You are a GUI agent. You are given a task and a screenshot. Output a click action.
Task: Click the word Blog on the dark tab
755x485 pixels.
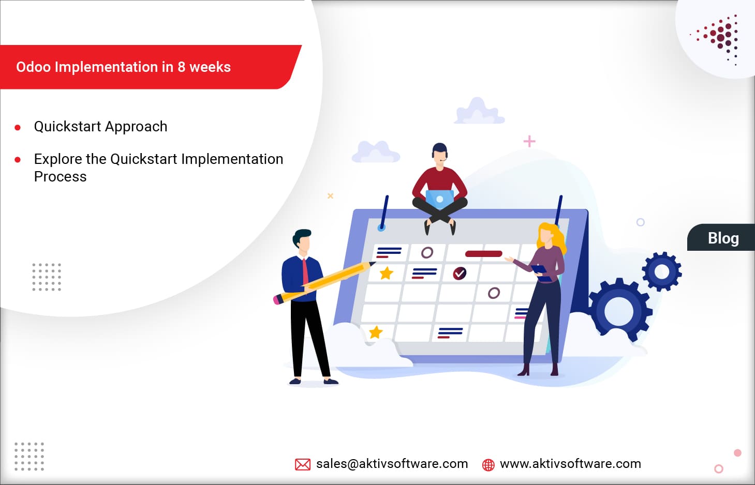pyautogui.click(x=723, y=238)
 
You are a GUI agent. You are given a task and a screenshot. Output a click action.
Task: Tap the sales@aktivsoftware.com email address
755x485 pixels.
pyautogui.click(x=392, y=464)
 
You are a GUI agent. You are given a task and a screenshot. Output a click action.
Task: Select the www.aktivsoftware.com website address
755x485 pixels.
pyautogui.click(x=570, y=464)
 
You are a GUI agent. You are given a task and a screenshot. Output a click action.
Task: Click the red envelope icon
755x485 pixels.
pyautogui.click(x=303, y=464)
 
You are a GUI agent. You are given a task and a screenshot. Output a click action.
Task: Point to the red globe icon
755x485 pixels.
pyautogui.click(x=488, y=465)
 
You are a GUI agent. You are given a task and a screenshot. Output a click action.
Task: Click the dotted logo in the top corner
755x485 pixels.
pyautogui.click(x=720, y=39)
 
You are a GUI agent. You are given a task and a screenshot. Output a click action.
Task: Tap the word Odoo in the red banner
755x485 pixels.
pyautogui.click(x=33, y=67)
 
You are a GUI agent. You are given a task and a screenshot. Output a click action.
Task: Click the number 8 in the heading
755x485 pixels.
pyautogui.click(x=181, y=67)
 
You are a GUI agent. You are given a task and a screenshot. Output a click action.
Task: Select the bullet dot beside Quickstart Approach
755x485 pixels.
pyautogui.click(x=18, y=127)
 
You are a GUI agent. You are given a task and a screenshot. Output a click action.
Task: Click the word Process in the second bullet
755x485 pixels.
pyautogui.click(x=60, y=177)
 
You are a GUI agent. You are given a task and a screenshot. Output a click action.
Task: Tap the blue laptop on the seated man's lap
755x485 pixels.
pyautogui.click(x=439, y=199)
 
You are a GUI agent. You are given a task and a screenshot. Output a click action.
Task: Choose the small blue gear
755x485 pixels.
pyautogui.click(x=661, y=271)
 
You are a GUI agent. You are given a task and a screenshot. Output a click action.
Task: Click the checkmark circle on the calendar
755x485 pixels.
pyautogui.click(x=460, y=273)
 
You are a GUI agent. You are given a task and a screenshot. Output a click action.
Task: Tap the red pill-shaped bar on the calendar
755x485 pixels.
pyautogui.click(x=483, y=254)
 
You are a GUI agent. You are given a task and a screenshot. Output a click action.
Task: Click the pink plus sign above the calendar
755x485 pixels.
pyautogui.click(x=529, y=141)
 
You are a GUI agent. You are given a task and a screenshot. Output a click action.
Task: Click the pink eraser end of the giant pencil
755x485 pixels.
pyautogui.click(x=277, y=299)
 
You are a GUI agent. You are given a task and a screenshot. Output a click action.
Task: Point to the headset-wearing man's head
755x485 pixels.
pyautogui.click(x=440, y=151)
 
